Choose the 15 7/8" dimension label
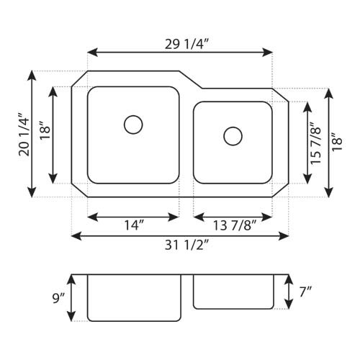(315, 143)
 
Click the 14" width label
(133, 225)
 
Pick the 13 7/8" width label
(232, 225)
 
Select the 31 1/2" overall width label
(180, 245)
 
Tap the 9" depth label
(59, 297)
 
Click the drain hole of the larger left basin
(133, 125)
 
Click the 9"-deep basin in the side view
(133, 297)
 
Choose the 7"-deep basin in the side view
(234, 291)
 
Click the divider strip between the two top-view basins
(186, 144)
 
